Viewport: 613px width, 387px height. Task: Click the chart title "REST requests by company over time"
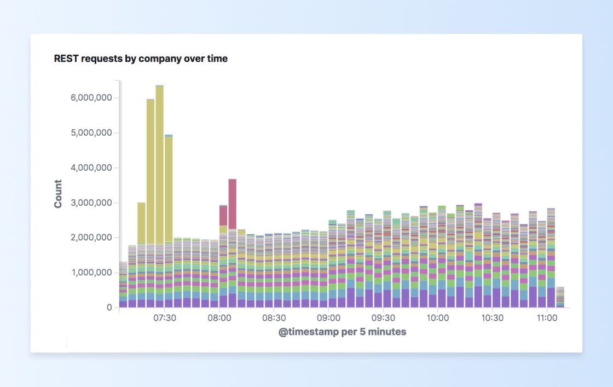[x=141, y=59]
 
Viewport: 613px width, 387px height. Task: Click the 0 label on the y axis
[x=108, y=308]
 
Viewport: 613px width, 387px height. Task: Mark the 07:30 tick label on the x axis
[x=164, y=318]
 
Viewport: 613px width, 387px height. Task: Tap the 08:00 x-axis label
[x=219, y=318]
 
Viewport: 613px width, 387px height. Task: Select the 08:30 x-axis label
[x=274, y=318]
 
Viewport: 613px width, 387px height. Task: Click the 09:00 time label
[x=328, y=318]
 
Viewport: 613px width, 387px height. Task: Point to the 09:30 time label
[x=383, y=318]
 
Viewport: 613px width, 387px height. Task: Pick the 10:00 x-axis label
[x=438, y=318]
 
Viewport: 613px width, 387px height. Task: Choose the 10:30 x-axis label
[x=493, y=318]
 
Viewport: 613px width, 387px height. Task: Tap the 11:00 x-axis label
[x=547, y=318]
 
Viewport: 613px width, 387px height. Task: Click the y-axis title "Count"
[x=58, y=194]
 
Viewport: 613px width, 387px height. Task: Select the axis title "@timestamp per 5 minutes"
[x=343, y=332]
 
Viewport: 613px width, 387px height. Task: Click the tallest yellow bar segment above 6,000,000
[x=159, y=164]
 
